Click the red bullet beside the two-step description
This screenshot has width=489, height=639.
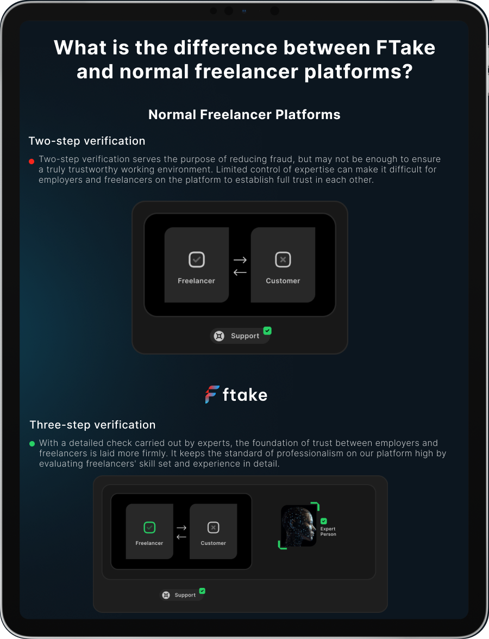coord(32,162)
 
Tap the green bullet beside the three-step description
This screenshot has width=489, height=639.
coord(32,444)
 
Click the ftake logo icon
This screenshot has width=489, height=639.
coord(212,394)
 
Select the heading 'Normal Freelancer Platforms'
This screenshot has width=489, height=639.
coord(244,115)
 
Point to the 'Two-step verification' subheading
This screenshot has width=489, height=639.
coord(87,141)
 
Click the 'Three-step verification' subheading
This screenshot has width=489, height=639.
coord(92,425)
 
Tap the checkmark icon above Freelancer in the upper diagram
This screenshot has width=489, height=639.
coord(197,259)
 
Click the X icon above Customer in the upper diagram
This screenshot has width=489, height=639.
coord(283,259)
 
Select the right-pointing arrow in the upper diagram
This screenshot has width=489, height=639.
coord(240,259)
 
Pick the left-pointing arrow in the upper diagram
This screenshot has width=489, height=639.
coord(240,272)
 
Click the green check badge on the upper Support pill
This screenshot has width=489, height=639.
coord(267,331)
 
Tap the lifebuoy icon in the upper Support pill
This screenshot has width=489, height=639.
coord(219,336)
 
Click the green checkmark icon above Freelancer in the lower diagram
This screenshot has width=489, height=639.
coord(149,528)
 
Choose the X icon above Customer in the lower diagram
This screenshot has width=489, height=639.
coord(214,528)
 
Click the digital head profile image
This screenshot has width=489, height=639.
coord(298,526)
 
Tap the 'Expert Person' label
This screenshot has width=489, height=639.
coord(328,531)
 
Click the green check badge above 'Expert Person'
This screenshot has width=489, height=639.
coord(324,521)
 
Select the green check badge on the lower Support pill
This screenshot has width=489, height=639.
coord(202,591)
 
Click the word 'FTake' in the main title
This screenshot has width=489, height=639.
coord(405,48)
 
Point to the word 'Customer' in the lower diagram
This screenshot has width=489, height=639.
coord(214,543)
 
